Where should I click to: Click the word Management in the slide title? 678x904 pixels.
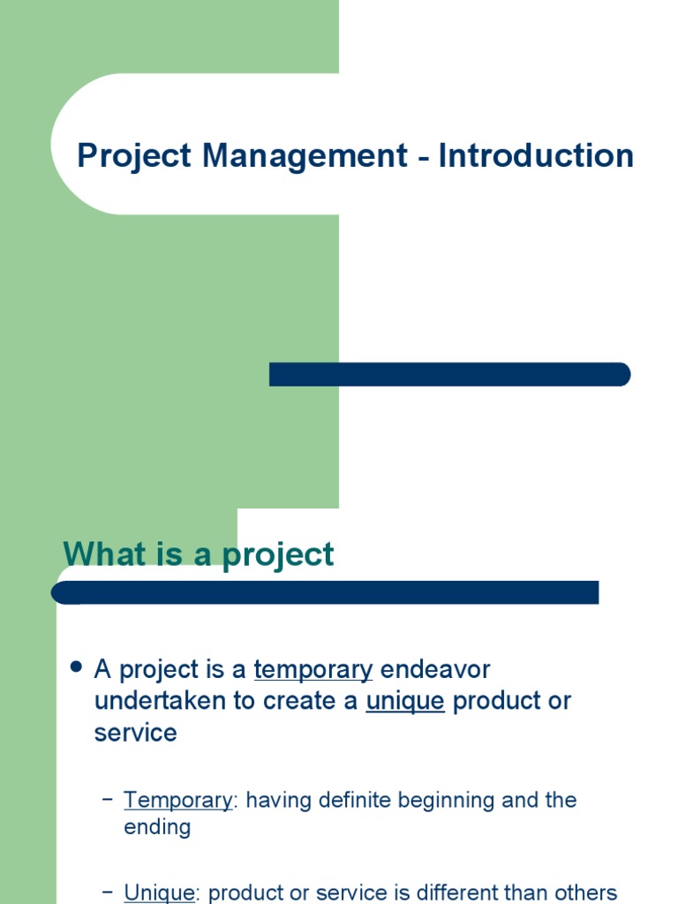pos(305,155)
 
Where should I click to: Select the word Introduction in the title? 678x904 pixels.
pos(537,155)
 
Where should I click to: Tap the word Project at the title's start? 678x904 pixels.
pos(134,155)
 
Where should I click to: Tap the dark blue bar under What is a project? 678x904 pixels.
pos(327,592)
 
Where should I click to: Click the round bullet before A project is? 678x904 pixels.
pos(76,667)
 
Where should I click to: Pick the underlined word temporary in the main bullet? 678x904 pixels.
pos(313,670)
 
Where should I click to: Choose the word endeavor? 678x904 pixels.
pos(435,669)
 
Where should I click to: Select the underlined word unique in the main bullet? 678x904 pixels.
pos(405,702)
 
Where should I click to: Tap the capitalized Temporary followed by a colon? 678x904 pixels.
pos(178,800)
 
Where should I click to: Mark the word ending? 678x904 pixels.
pos(157,828)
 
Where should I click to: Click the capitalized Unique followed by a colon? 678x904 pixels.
pos(159,893)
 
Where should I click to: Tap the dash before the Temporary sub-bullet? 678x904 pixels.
pos(108,800)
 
